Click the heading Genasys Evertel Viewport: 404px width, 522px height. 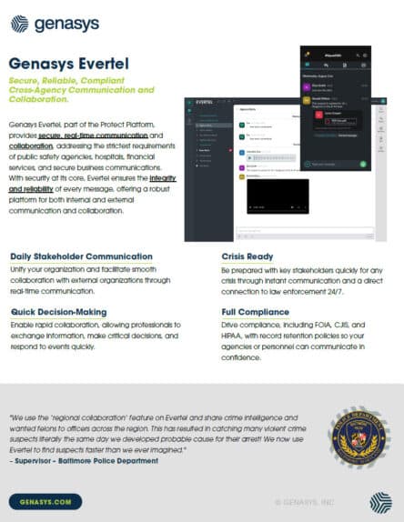click(x=67, y=64)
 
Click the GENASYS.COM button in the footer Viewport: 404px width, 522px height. click(x=45, y=500)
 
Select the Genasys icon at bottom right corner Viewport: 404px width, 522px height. click(x=380, y=500)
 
